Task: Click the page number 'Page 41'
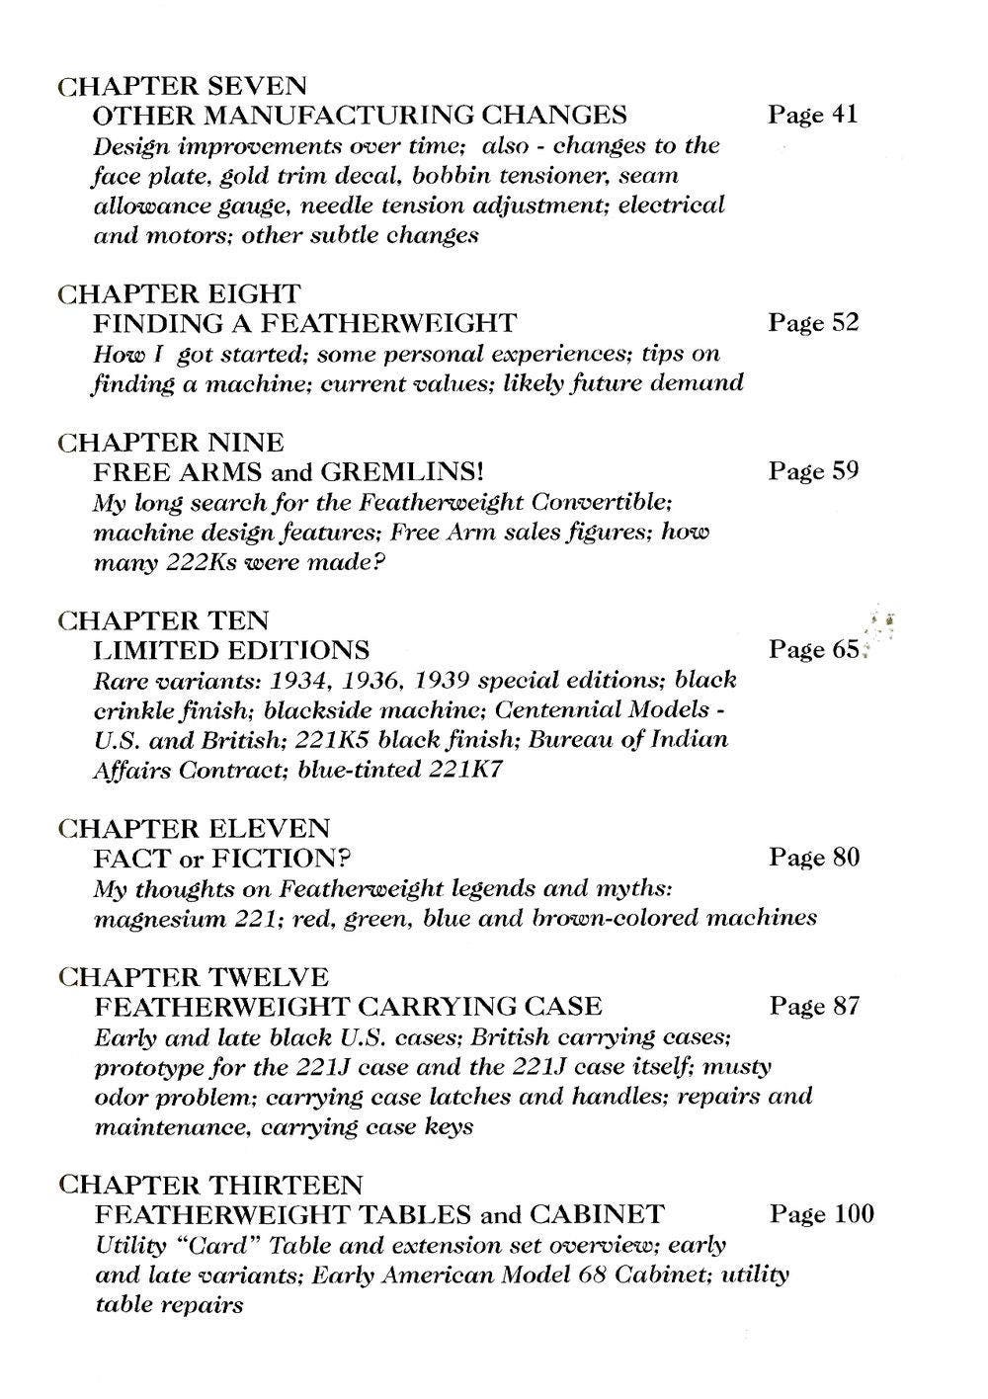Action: coord(812,115)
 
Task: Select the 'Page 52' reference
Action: coord(813,322)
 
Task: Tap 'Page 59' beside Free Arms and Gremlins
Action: coord(813,470)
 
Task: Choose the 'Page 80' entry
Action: coord(813,857)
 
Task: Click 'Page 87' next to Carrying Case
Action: coord(813,1006)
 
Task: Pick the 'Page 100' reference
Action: coord(820,1213)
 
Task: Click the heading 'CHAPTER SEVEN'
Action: coord(182,86)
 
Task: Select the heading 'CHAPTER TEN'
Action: coord(163,620)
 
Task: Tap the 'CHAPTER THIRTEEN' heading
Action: coord(210,1184)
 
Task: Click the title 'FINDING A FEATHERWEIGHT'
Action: coord(304,323)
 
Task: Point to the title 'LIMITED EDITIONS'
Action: coord(231,650)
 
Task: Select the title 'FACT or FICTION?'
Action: coord(222,858)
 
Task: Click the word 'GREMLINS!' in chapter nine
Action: coord(402,471)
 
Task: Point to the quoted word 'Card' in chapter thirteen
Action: coord(221,1245)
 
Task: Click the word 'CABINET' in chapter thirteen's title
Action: coord(597,1213)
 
